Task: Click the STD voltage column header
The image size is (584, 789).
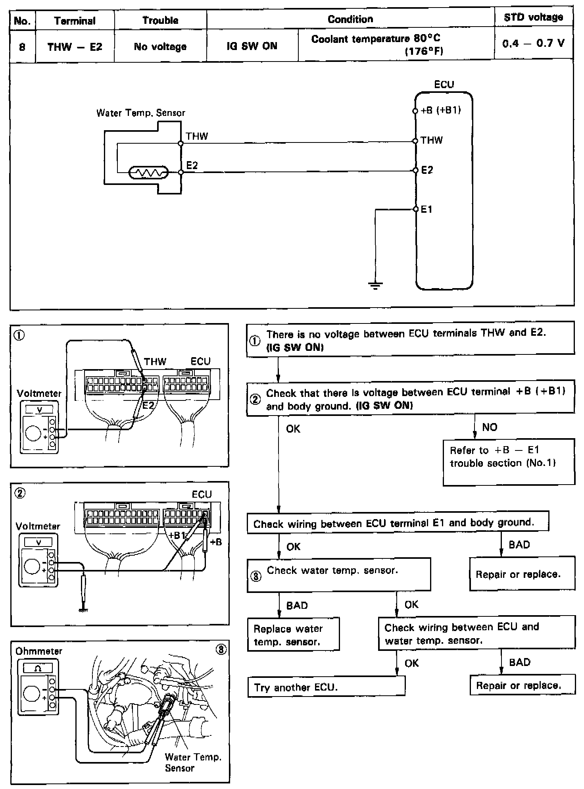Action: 533,18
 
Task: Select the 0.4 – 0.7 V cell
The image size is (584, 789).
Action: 533,44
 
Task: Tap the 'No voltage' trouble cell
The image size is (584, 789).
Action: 160,47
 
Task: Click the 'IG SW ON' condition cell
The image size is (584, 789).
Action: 252,46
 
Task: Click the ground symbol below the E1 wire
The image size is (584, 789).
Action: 375,285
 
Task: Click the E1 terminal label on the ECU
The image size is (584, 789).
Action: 426,209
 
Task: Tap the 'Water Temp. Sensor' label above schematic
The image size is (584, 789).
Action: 141,113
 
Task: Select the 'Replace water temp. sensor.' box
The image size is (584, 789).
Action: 293,635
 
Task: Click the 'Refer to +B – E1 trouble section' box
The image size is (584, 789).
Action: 509,462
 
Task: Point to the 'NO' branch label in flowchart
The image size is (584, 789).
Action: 490,427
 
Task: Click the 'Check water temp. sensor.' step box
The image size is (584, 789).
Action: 338,575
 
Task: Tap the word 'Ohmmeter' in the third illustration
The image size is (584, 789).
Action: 38,651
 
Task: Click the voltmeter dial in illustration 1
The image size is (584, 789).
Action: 33,433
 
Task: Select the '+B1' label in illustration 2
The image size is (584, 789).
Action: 177,535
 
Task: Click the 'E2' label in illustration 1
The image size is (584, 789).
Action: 148,405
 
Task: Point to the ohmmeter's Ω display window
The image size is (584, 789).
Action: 38,668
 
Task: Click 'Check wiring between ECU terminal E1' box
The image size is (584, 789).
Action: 398,523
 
